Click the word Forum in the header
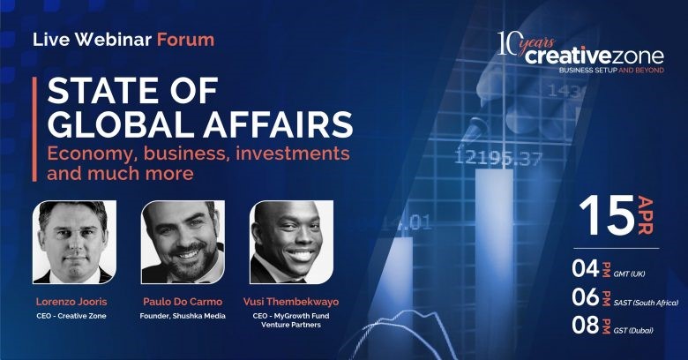185,40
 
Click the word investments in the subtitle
293,154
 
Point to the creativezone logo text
595,56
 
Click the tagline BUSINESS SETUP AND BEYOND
611,71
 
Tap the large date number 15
607,215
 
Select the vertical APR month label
646,215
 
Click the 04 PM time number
586,268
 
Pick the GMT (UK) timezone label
629,274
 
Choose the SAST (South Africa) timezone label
646,303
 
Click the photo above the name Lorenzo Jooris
75,242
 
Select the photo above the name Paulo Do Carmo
183,242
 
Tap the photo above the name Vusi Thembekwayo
291,242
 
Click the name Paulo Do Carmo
183,302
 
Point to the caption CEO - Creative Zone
71,316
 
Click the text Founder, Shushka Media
183,316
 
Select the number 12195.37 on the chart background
498,158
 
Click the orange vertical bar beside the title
34,129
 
